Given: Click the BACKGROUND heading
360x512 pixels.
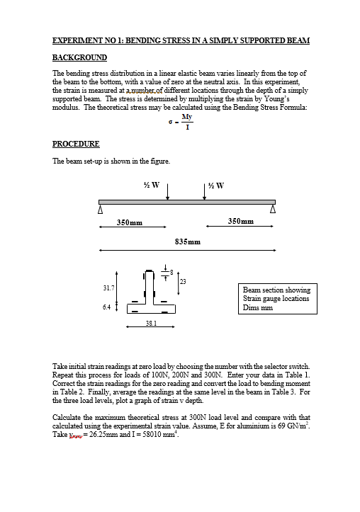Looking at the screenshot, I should click(x=80, y=57).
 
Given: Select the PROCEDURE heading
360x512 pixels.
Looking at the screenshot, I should click(x=77, y=144).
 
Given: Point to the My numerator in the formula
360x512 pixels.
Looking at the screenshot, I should click(x=186, y=115).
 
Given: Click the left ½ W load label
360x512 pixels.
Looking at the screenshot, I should click(x=151, y=186).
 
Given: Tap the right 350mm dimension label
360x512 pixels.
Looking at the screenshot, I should click(x=242, y=222).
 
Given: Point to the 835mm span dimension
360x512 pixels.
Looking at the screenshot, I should click(x=187, y=241).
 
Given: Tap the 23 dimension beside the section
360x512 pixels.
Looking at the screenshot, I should click(x=183, y=283).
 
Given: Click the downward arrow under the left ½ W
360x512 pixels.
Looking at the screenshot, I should click(x=167, y=190).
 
